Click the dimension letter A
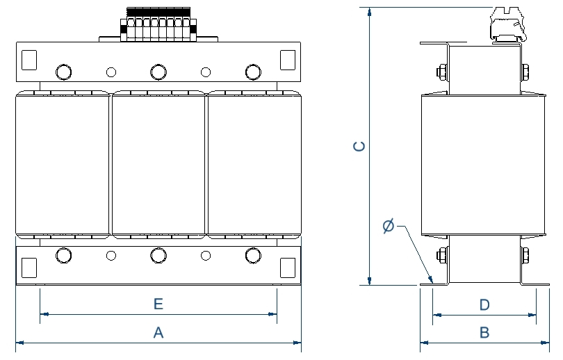(x=158, y=333)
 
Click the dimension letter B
(x=484, y=333)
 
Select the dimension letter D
(x=484, y=305)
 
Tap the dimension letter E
(x=158, y=304)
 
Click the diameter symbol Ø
(x=389, y=226)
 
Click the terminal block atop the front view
(x=158, y=24)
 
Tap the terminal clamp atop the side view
(x=507, y=26)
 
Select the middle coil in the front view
(x=158, y=165)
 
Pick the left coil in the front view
(x=63, y=165)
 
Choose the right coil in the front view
(x=254, y=165)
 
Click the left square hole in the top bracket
(x=29, y=60)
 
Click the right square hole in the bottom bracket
(x=287, y=267)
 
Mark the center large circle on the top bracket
(x=158, y=72)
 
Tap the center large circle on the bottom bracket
(x=158, y=256)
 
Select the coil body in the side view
(x=484, y=165)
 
